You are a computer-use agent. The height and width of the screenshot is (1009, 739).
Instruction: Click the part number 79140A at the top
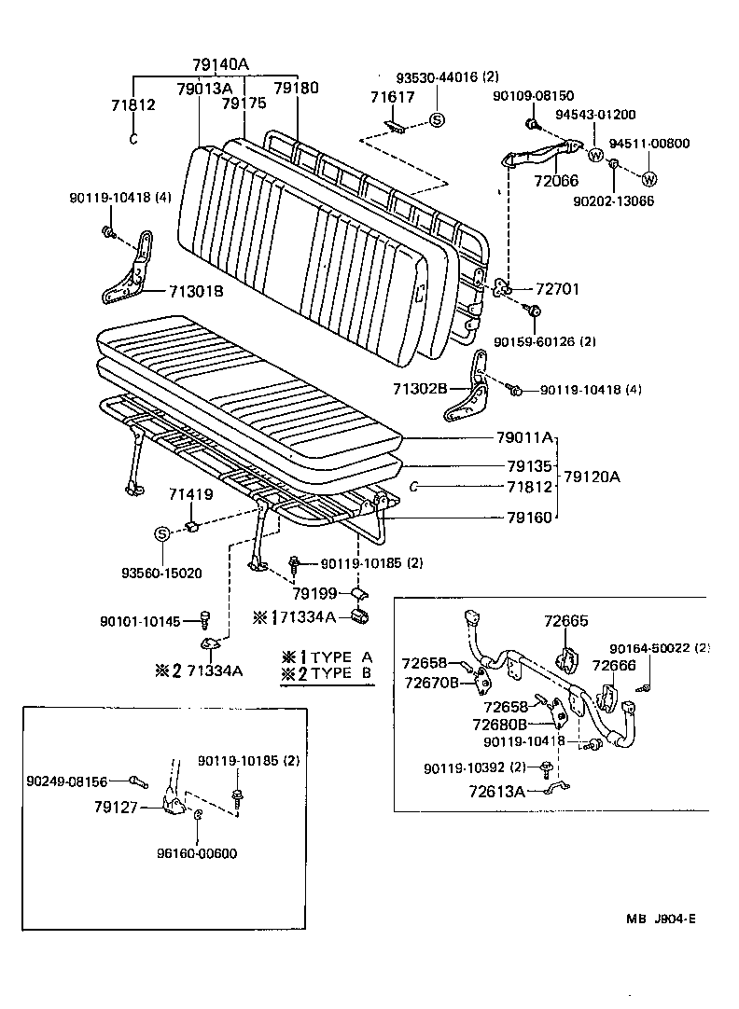pos(220,64)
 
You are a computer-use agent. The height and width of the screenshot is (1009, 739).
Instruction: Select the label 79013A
pos(202,89)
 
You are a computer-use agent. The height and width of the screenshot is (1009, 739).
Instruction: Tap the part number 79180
pos(296,89)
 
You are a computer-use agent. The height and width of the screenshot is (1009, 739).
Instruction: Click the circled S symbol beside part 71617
pos(438,119)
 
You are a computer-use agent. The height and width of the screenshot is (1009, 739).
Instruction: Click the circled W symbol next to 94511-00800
pos(649,179)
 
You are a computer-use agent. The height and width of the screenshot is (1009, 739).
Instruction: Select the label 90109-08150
pos(534,95)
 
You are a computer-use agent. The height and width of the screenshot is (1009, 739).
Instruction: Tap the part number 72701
pos(555,289)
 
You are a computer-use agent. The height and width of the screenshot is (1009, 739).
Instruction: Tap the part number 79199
pos(313,593)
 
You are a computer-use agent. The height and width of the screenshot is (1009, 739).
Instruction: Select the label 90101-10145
pos(139,622)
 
